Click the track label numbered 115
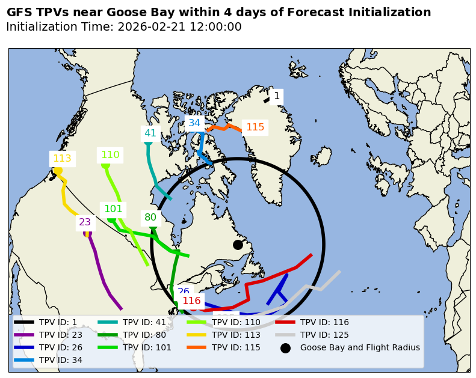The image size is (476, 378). coord(255,127)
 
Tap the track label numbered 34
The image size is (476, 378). coord(194,123)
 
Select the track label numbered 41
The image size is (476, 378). coord(150,133)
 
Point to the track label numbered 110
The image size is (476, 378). coord(110,155)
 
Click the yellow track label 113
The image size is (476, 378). coord(62,159)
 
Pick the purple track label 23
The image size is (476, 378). coord(85,222)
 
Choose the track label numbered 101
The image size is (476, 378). coord(113,209)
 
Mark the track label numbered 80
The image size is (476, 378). coord(150,218)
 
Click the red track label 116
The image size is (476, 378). coord(191,300)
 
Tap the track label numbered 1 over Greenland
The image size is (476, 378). coord(276,96)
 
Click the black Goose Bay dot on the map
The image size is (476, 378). coord(238,245)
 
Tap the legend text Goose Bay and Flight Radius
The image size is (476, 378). coord(360,347)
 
